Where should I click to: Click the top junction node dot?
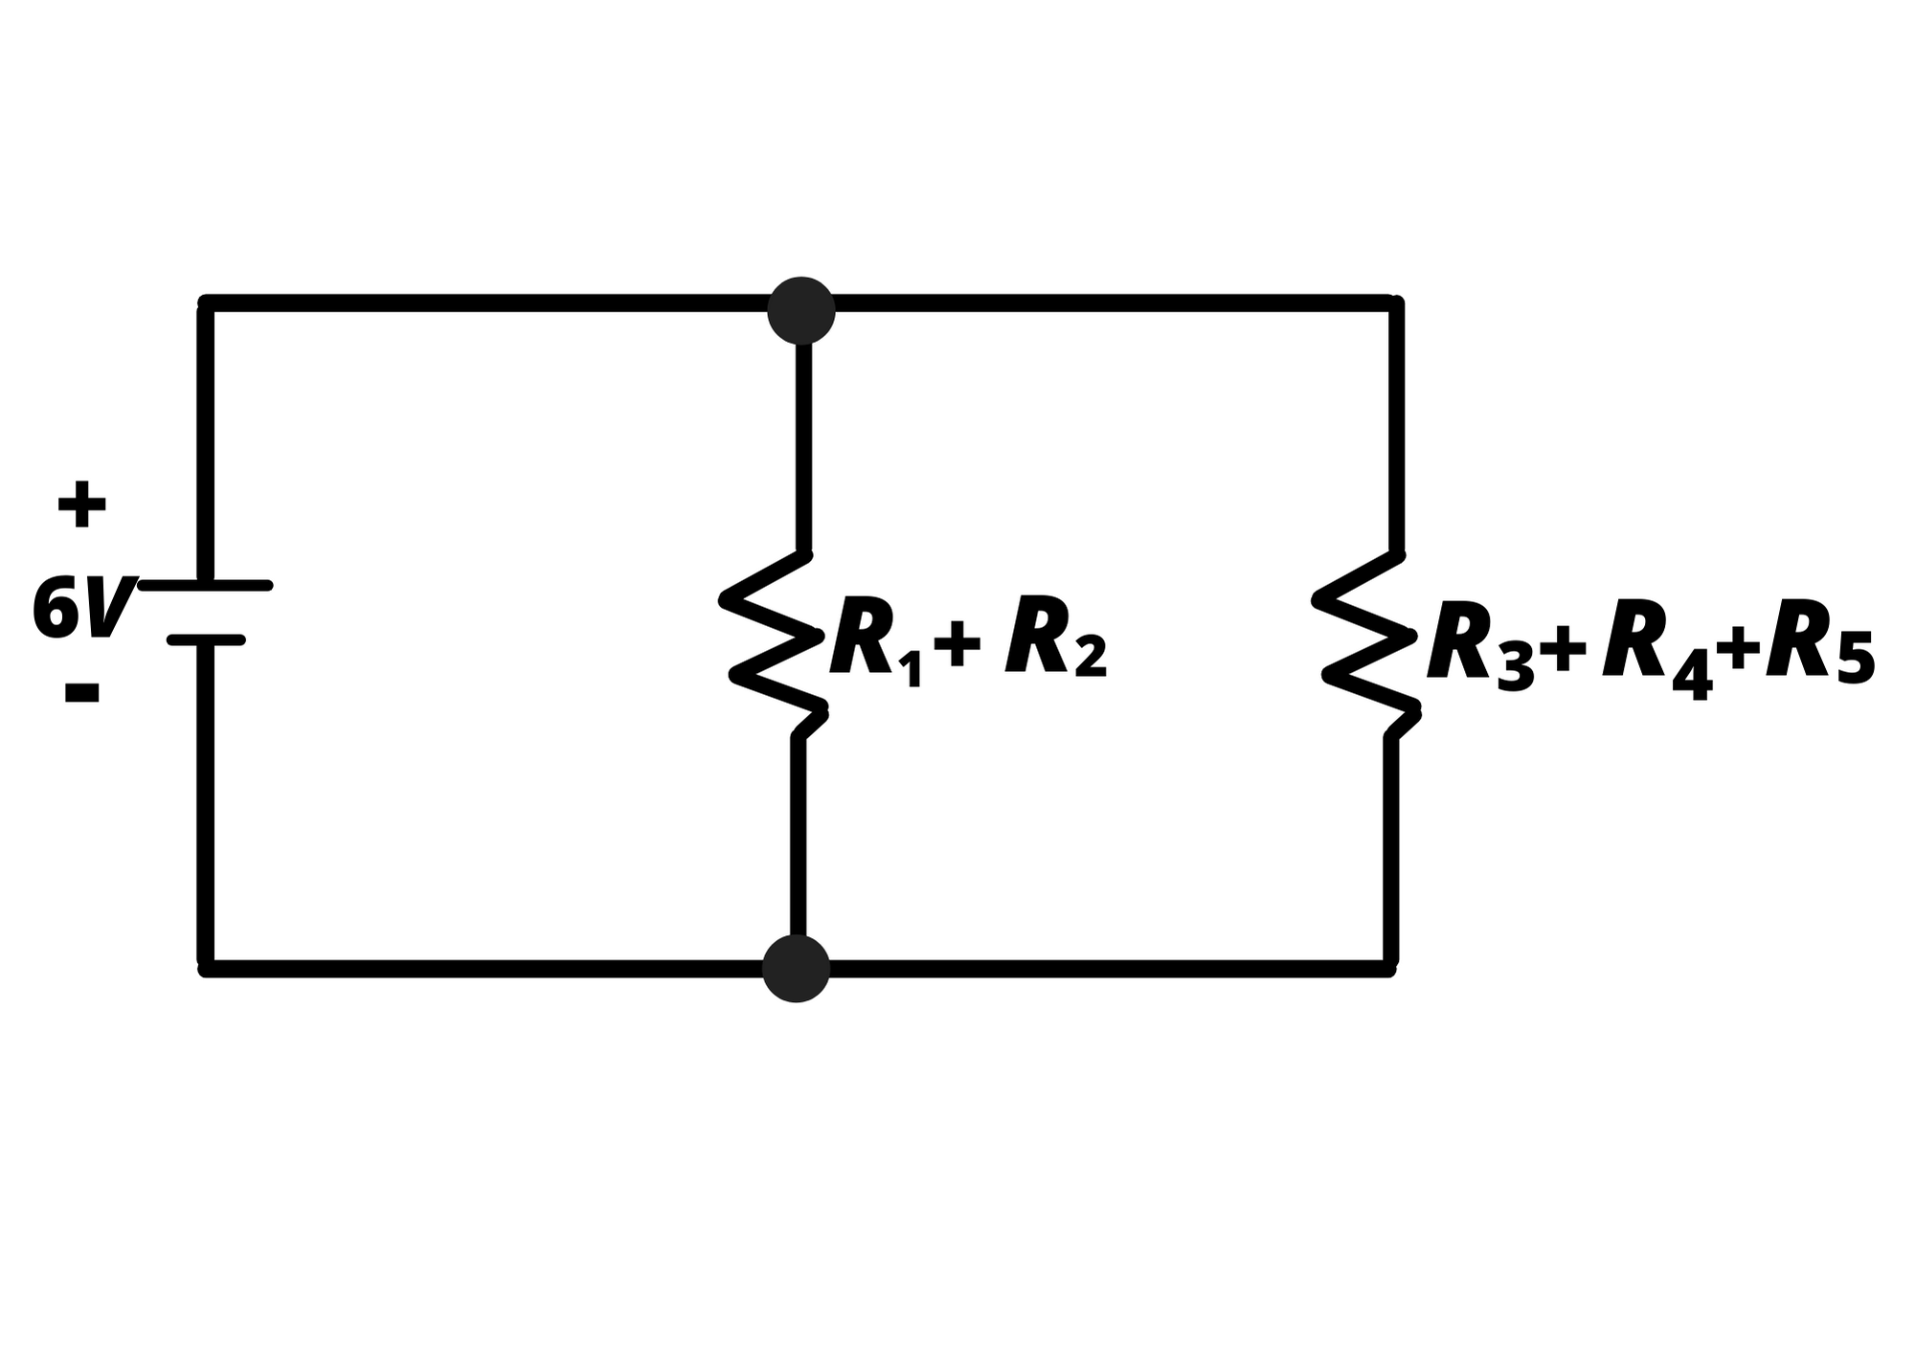pyautogui.click(x=801, y=310)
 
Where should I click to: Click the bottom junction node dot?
pyautogui.click(x=796, y=969)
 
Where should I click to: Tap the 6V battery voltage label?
pyautogui.click(x=81, y=609)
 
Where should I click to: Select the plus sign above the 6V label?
pyautogui.click(x=81, y=504)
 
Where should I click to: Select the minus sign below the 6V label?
pyautogui.click(x=81, y=693)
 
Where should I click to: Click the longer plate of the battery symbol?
pyautogui.click(x=206, y=585)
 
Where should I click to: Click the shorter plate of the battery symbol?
pyautogui.click(x=206, y=639)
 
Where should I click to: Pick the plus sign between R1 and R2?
pyautogui.click(x=957, y=642)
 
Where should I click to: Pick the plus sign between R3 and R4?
pyautogui.click(x=1562, y=651)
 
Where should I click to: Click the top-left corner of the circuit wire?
pyautogui.click(x=205, y=303)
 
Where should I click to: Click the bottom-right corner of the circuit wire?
pyautogui.click(x=1390, y=969)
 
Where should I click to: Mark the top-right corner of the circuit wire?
pyautogui.click(x=1396, y=303)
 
